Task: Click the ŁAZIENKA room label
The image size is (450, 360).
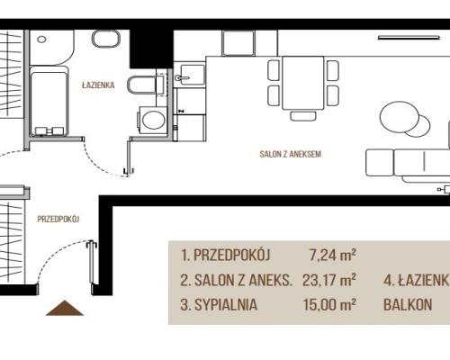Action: pos(98,85)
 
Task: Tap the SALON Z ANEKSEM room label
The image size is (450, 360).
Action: pos(290,154)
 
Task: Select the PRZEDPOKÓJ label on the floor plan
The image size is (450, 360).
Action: pos(58,219)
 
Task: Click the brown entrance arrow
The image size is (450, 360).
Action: pos(65,308)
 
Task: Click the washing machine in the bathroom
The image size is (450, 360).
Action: pos(152,120)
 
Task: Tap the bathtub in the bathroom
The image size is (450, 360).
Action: pos(49,102)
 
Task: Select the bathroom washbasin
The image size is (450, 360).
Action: pos(106,39)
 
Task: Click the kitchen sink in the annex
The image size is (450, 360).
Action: pos(189,75)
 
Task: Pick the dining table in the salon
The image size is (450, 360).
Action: pos(303,83)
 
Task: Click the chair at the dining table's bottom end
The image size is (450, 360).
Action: pos(303,116)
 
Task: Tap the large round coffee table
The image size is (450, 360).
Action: pos(399,117)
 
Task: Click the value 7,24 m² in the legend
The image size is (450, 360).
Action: pos(333,256)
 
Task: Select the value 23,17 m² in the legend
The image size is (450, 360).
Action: pos(329,280)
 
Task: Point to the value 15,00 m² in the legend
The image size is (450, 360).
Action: pos(329,304)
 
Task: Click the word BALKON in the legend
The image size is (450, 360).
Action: pos(408,305)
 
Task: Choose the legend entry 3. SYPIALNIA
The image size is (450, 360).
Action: pos(219,305)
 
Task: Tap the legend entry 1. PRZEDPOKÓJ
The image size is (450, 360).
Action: pos(225,255)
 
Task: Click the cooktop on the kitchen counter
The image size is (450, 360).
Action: pos(238,43)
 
